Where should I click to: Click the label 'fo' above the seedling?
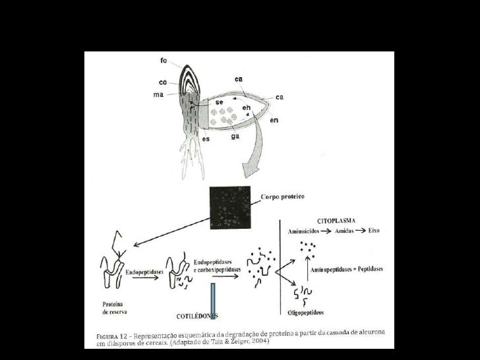click(x=163, y=61)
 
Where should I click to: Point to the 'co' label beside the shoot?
click(x=162, y=83)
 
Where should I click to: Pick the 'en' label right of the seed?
click(x=274, y=122)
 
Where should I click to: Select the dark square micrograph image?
click(x=231, y=206)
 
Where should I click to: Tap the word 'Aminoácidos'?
click(x=304, y=231)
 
